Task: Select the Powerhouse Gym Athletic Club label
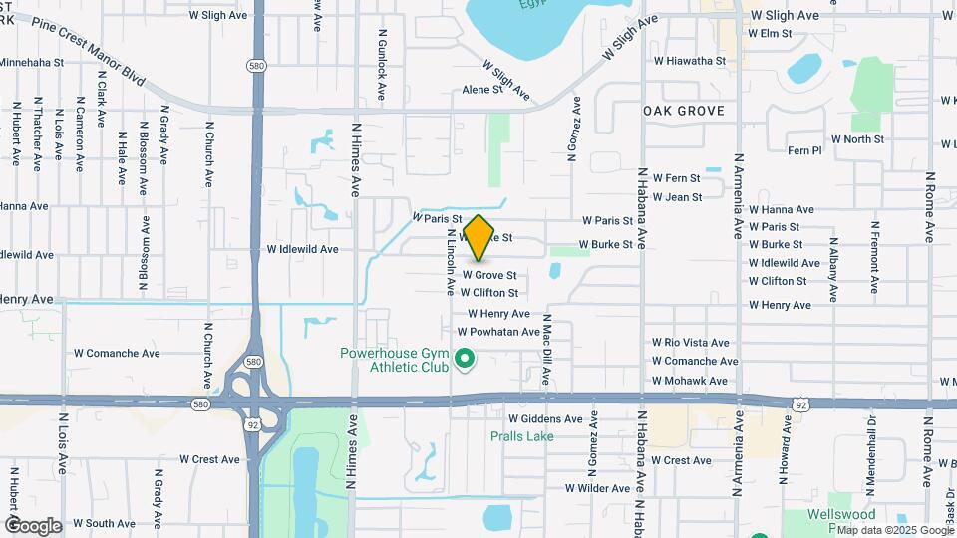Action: [x=395, y=360]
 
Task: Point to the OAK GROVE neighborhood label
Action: [x=684, y=111]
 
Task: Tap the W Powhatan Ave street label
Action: [x=498, y=332]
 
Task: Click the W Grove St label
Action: [x=488, y=275]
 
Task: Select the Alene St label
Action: [x=482, y=90]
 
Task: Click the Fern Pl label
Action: [x=804, y=150]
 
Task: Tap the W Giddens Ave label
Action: [x=545, y=419]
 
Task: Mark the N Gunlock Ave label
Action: [x=382, y=63]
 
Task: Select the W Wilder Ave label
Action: [x=597, y=488]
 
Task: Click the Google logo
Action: [x=33, y=525]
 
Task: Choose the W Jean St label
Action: [x=678, y=197]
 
